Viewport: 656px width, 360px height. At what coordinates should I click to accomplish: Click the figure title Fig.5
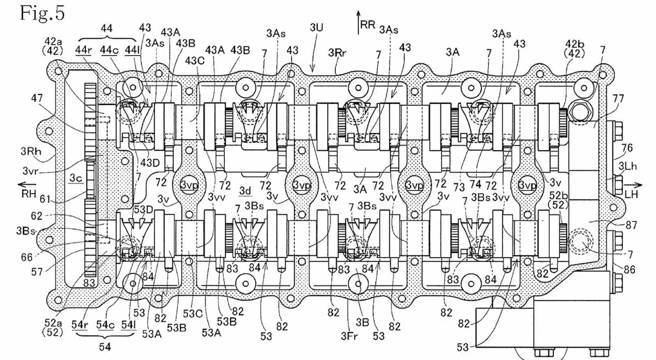pos(42,13)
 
